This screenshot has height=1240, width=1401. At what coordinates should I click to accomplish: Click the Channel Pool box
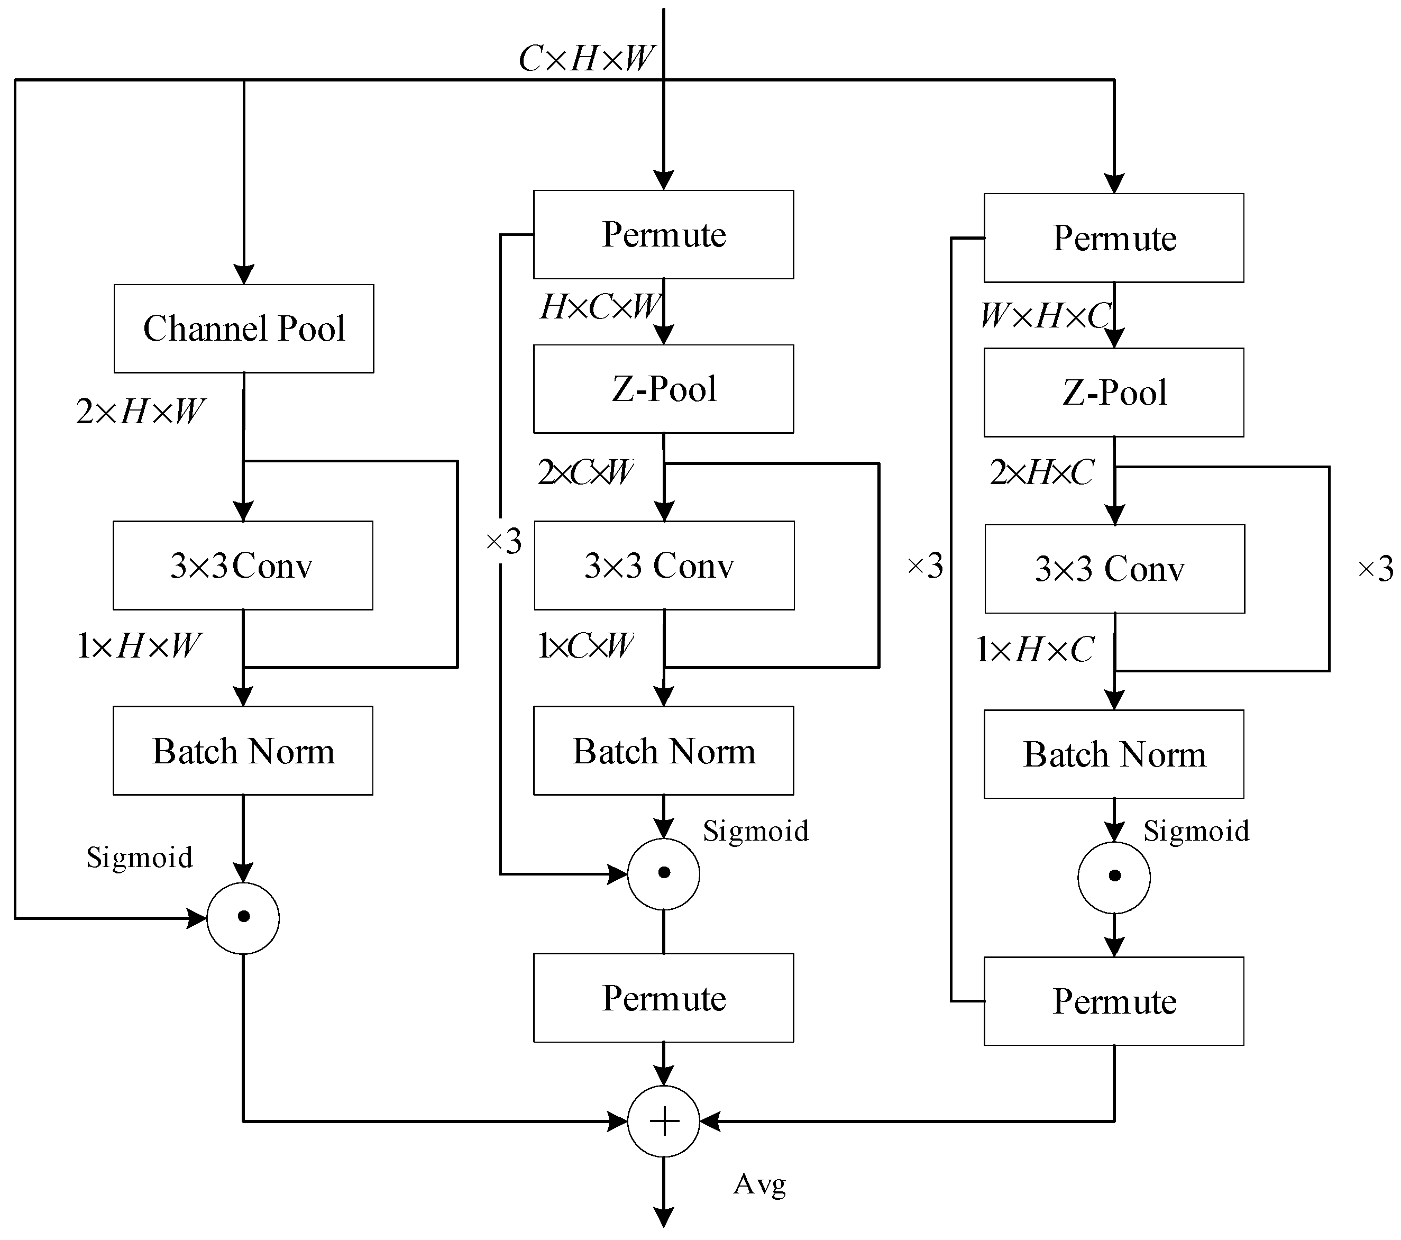(x=243, y=329)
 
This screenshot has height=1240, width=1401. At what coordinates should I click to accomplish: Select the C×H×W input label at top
(x=586, y=59)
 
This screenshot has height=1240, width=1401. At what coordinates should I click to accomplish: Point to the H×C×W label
(x=599, y=307)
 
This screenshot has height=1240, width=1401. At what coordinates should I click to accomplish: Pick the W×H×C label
(x=1045, y=316)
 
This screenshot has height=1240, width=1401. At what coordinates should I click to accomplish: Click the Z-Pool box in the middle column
(x=664, y=389)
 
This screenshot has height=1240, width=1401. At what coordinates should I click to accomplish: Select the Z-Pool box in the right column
(x=1114, y=392)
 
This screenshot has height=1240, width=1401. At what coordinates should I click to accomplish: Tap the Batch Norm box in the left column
(x=243, y=751)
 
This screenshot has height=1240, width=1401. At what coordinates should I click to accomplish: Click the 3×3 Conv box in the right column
(x=1114, y=569)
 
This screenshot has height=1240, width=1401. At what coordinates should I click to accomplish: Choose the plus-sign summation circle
(x=664, y=1122)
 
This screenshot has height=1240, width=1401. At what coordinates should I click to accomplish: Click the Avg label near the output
(x=759, y=1184)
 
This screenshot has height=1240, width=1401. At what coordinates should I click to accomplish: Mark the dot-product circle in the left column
(x=243, y=917)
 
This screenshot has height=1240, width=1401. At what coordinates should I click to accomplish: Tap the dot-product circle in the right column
(x=1114, y=877)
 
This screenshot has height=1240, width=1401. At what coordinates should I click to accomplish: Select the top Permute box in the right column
(x=1114, y=238)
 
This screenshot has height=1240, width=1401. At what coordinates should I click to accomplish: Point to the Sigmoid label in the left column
(x=139, y=858)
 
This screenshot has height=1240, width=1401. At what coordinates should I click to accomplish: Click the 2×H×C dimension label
(x=1042, y=472)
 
